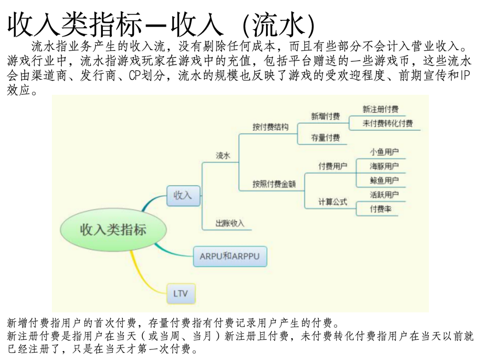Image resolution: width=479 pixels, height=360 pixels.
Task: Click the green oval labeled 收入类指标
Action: point(113,230)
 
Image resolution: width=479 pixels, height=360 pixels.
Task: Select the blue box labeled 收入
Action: point(183,195)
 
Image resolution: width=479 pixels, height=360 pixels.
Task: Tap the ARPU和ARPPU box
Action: point(230,256)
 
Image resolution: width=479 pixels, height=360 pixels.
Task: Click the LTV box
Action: point(181,293)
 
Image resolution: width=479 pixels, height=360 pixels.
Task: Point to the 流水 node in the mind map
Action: point(223,156)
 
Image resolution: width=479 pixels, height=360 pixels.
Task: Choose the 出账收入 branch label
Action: point(230,223)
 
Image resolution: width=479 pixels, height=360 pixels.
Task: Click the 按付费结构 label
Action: point(271,127)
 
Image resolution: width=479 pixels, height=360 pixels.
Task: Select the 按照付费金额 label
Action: point(274,184)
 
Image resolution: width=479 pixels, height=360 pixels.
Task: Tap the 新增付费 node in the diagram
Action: point(326,116)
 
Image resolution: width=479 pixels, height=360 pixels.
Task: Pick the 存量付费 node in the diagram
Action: point(326,138)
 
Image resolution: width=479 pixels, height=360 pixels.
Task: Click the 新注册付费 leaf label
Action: point(381,110)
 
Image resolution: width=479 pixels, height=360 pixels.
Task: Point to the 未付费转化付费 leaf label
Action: point(388,124)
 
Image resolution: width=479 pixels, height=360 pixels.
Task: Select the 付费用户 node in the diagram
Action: point(333,166)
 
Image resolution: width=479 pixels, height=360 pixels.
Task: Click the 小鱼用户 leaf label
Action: point(385,152)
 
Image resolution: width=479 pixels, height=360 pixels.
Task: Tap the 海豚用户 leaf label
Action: point(385,166)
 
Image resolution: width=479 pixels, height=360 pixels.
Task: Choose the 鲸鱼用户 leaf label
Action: point(385,180)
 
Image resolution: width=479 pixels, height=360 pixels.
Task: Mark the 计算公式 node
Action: point(333,202)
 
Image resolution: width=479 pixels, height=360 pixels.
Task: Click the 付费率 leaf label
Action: point(381,209)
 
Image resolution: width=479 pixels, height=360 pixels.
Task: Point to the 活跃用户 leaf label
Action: point(385,195)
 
